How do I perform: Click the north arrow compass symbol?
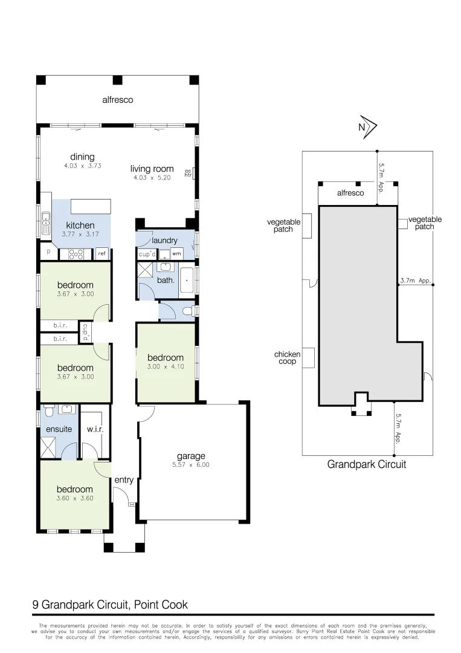click(x=366, y=126)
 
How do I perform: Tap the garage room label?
click(x=191, y=456)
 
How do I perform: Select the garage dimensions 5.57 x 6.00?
click(x=191, y=465)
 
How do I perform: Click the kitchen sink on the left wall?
click(x=45, y=223)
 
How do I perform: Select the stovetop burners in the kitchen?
click(x=76, y=254)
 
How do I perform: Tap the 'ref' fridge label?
click(x=102, y=254)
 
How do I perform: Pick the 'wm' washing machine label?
click(x=176, y=254)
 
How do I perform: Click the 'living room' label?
click(x=152, y=169)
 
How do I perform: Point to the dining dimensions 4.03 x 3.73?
click(x=82, y=166)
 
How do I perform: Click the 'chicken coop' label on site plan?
click(x=287, y=358)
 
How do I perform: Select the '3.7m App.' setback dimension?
click(x=415, y=281)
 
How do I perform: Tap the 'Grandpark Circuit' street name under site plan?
click(x=366, y=464)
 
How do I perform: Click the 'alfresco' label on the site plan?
click(x=350, y=193)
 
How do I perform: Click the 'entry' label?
click(x=124, y=480)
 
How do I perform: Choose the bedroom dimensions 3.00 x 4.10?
click(x=165, y=366)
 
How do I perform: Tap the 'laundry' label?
click(x=164, y=241)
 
